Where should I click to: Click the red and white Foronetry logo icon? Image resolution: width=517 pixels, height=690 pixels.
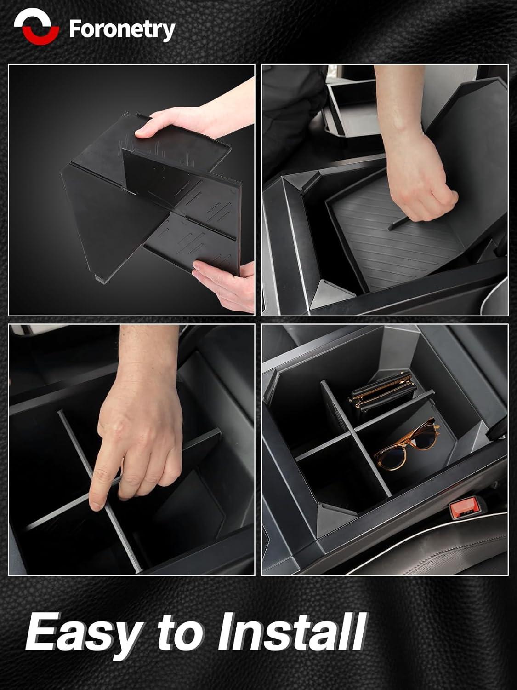coord(37,26)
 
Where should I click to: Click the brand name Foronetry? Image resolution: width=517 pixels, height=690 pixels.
coord(122,30)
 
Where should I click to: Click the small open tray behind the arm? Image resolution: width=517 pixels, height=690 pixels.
coord(355,109)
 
